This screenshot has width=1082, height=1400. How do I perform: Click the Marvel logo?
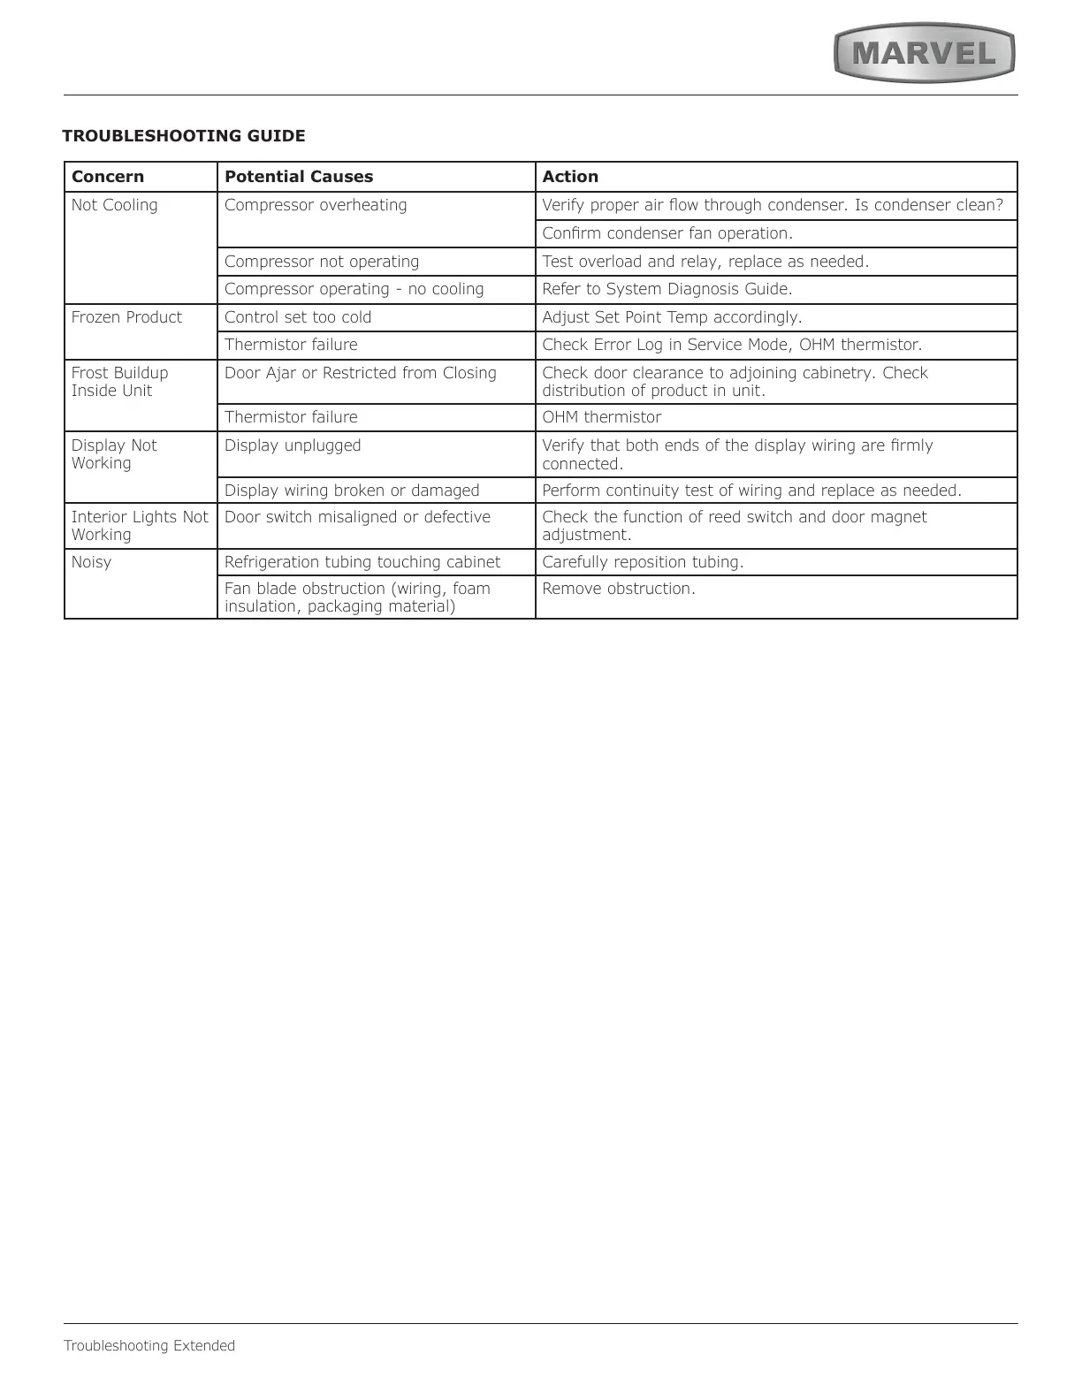pos(924,54)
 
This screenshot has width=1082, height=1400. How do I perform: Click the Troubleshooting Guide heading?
pos(184,136)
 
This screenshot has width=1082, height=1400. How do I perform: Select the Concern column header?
pos(108,177)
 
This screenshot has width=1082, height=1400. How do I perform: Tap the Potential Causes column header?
pos(299,177)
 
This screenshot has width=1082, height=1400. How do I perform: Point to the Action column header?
pos(570,177)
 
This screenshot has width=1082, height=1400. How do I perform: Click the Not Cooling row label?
pos(115,205)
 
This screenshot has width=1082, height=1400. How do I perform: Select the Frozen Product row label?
pos(126,317)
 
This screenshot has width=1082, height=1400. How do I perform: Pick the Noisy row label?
pos(92,562)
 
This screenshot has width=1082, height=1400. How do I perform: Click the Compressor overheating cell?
pos(316,205)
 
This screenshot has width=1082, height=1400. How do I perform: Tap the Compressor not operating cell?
pos(322,262)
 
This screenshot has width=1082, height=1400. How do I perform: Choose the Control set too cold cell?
pos(298,317)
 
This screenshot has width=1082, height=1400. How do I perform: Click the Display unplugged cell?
pos(293,445)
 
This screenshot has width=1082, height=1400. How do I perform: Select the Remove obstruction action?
pos(619,589)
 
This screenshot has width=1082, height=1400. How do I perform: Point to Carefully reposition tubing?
pos(643,562)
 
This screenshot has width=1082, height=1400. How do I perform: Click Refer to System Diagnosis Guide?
pos(667,289)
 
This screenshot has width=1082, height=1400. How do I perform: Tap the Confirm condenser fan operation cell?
pos(667,233)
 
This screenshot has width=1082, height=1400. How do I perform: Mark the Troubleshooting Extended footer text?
pos(149,1346)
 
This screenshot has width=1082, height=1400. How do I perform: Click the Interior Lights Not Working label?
pos(140,526)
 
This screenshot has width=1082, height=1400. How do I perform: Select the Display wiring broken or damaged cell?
pos(352,491)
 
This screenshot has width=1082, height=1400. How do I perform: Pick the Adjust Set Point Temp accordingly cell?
pos(672,317)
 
